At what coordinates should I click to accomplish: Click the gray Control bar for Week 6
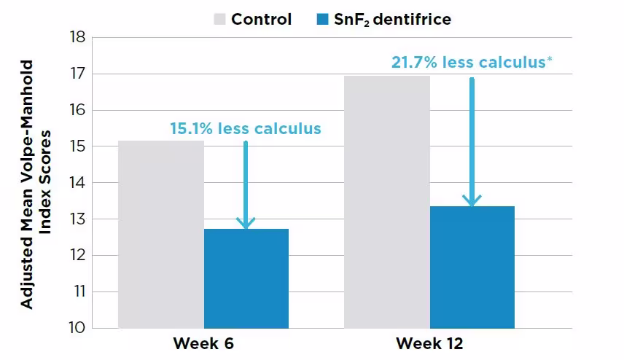[x=160, y=234]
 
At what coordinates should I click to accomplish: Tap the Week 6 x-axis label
[x=204, y=343]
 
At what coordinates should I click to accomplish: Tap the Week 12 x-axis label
[x=430, y=343]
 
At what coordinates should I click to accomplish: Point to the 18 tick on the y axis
[x=77, y=37]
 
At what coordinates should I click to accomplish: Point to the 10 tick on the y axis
[x=77, y=328]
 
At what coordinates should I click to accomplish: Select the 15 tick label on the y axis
[x=77, y=146]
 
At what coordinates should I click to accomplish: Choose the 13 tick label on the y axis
[x=77, y=219]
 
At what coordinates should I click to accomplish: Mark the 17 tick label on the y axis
[x=77, y=74]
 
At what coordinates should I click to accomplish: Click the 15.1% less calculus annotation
[x=245, y=129]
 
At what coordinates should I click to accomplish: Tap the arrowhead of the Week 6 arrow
[x=246, y=222]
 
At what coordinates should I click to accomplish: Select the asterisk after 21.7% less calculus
[x=549, y=59]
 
